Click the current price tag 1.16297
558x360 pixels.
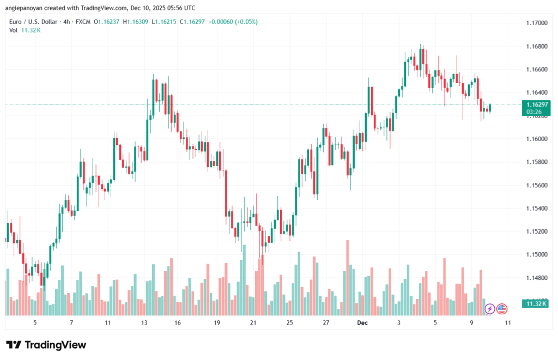(537, 104)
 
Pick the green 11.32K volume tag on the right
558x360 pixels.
(537, 303)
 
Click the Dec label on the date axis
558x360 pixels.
(362, 323)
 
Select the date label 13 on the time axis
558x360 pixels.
(144, 323)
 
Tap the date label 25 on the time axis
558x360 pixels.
(289, 323)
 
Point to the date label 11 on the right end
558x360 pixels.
(508, 323)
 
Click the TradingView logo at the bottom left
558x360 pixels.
(46, 345)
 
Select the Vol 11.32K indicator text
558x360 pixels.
(25, 30)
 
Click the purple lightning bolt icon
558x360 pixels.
(489, 309)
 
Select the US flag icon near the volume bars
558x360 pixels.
(501, 309)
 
